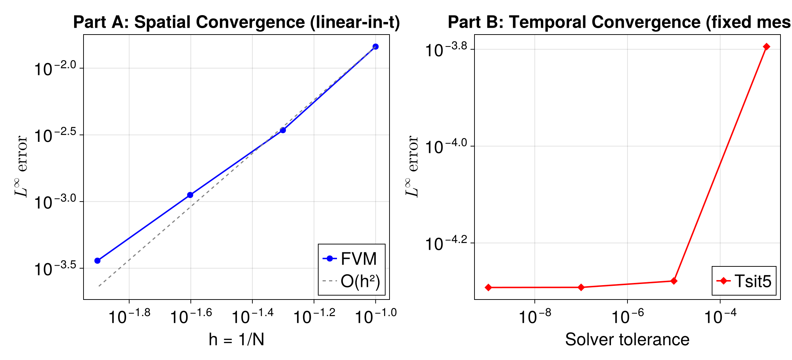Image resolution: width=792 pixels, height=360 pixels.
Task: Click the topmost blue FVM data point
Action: (x=375, y=46)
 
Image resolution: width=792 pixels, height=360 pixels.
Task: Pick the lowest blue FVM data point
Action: (x=97, y=261)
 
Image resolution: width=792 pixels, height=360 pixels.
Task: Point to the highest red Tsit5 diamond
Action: (x=766, y=46)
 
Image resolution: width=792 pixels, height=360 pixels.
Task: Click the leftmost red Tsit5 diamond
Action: (x=488, y=287)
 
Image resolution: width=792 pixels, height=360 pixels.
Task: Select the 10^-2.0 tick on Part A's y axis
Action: (x=56, y=68)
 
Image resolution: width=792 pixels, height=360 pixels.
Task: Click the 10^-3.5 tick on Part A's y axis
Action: (x=56, y=269)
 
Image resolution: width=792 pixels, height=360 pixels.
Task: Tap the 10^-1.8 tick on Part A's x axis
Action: (x=129, y=316)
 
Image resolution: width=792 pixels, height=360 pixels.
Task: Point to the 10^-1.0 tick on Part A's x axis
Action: (x=375, y=316)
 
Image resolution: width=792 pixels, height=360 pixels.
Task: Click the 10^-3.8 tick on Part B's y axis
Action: (x=446, y=50)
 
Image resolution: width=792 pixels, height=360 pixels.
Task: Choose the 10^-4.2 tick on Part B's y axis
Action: (x=446, y=243)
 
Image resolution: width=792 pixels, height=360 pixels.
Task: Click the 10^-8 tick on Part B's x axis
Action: (x=535, y=316)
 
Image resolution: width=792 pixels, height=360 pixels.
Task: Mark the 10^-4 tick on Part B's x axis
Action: (x=720, y=316)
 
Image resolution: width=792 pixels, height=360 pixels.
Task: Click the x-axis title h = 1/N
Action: (x=237, y=339)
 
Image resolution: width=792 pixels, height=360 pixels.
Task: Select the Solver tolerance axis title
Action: (x=627, y=339)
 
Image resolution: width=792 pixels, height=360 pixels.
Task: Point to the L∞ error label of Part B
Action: (x=413, y=166)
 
